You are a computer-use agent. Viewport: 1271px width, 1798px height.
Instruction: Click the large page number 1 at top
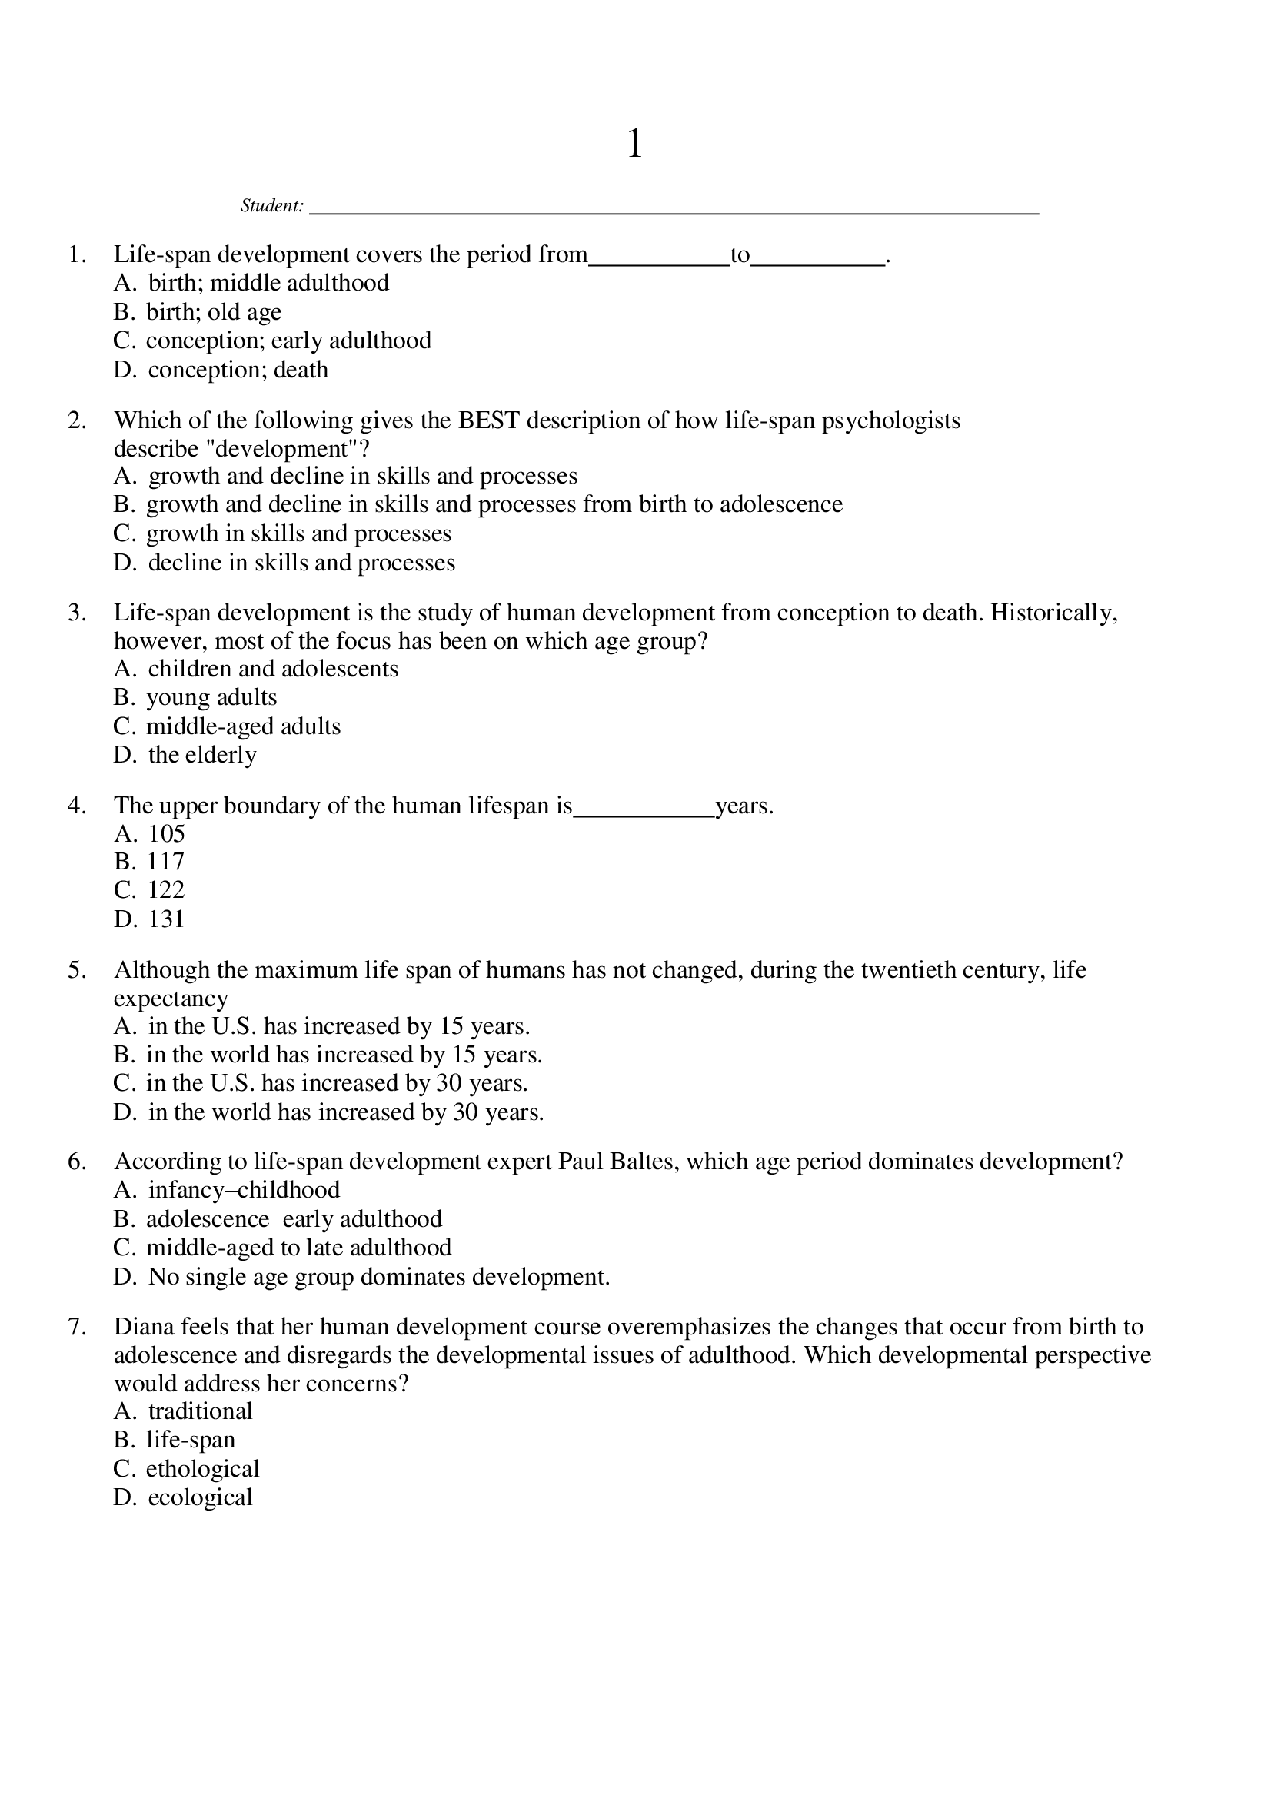pos(634,144)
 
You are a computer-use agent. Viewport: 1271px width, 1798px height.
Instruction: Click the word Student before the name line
pos(271,206)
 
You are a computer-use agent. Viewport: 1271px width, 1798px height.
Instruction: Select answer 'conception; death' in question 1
pos(238,370)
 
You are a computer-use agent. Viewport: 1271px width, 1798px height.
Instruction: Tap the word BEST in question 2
pos(489,420)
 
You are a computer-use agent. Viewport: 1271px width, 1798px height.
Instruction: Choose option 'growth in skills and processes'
pos(298,533)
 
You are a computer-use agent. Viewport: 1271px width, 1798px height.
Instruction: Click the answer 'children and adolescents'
pos(272,669)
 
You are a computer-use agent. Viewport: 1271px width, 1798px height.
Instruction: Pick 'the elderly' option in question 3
pos(202,755)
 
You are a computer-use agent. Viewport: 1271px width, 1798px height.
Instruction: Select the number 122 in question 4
pos(166,889)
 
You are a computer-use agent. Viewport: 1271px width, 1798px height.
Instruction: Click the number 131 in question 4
pos(166,919)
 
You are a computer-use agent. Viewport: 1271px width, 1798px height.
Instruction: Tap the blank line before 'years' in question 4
pos(644,814)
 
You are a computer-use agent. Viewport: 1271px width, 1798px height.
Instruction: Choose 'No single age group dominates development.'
pos(378,1278)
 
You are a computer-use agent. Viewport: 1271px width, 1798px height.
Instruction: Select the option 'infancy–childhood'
pos(244,1190)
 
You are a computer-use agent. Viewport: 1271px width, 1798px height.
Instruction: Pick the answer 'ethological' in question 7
pos(202,1469)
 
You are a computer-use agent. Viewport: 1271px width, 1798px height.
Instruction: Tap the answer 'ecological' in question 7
pos(200,1497)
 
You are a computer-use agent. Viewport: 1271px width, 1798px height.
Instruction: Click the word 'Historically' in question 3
pos(1053,613)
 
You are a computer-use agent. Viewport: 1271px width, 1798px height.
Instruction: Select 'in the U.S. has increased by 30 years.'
pos(337,1083)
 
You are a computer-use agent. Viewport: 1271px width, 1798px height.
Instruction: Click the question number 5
pos(77,970)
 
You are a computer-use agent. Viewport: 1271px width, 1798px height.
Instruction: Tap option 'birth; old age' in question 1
pos(214,312)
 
